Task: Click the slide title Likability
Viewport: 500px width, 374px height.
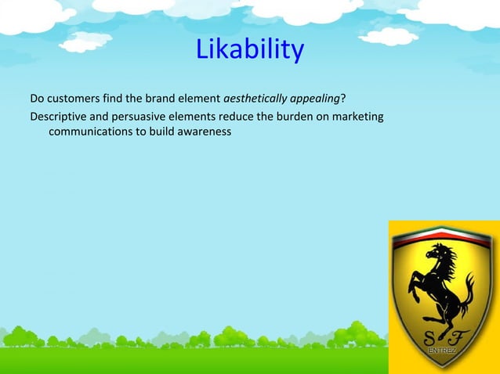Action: [249, 50]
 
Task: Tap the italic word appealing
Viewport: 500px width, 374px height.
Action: [317, 99]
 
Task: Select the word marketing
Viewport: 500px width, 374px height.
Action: [358, 117]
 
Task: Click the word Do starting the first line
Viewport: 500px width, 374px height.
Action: [37, 99]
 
